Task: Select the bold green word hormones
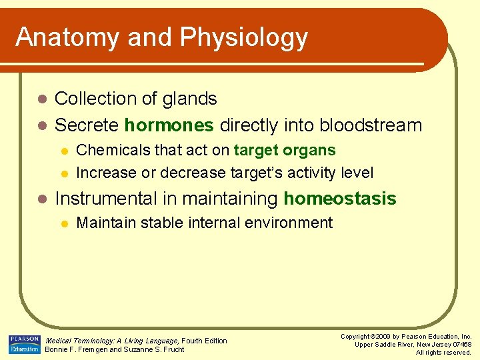coord(169,125)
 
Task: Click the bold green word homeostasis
coord(340,199)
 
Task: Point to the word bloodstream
coord(371,125)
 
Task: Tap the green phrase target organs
coord(285,151)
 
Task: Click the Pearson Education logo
coord(24,343)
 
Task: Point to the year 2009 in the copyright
coord(393,337)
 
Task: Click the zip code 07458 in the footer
coord(460,344)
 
